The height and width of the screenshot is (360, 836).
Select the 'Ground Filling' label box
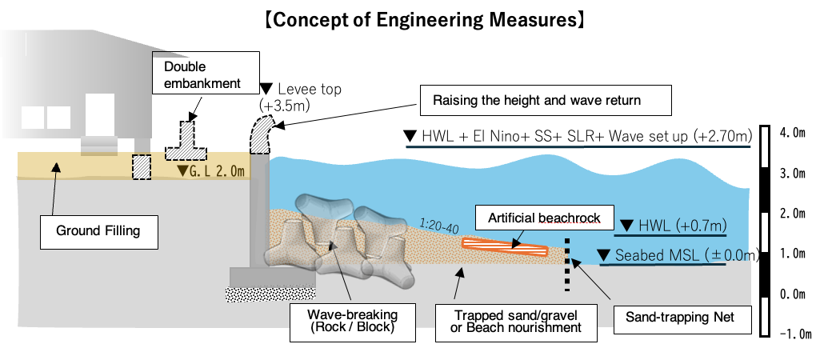99,231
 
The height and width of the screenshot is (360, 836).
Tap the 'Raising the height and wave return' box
546,100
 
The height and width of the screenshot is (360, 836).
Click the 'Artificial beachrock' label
544,218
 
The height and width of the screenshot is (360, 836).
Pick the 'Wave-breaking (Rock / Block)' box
353,321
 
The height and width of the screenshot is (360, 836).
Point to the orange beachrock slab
505,247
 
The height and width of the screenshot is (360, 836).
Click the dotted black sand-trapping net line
567,265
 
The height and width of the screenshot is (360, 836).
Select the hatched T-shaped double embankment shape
186,142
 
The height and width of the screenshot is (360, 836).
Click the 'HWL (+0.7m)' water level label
671,226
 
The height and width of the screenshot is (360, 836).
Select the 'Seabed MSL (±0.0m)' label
678,255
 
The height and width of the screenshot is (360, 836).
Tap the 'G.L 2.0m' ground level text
211,171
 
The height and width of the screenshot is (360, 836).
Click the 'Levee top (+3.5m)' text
300,97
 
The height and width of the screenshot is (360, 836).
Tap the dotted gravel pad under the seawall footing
270,294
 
